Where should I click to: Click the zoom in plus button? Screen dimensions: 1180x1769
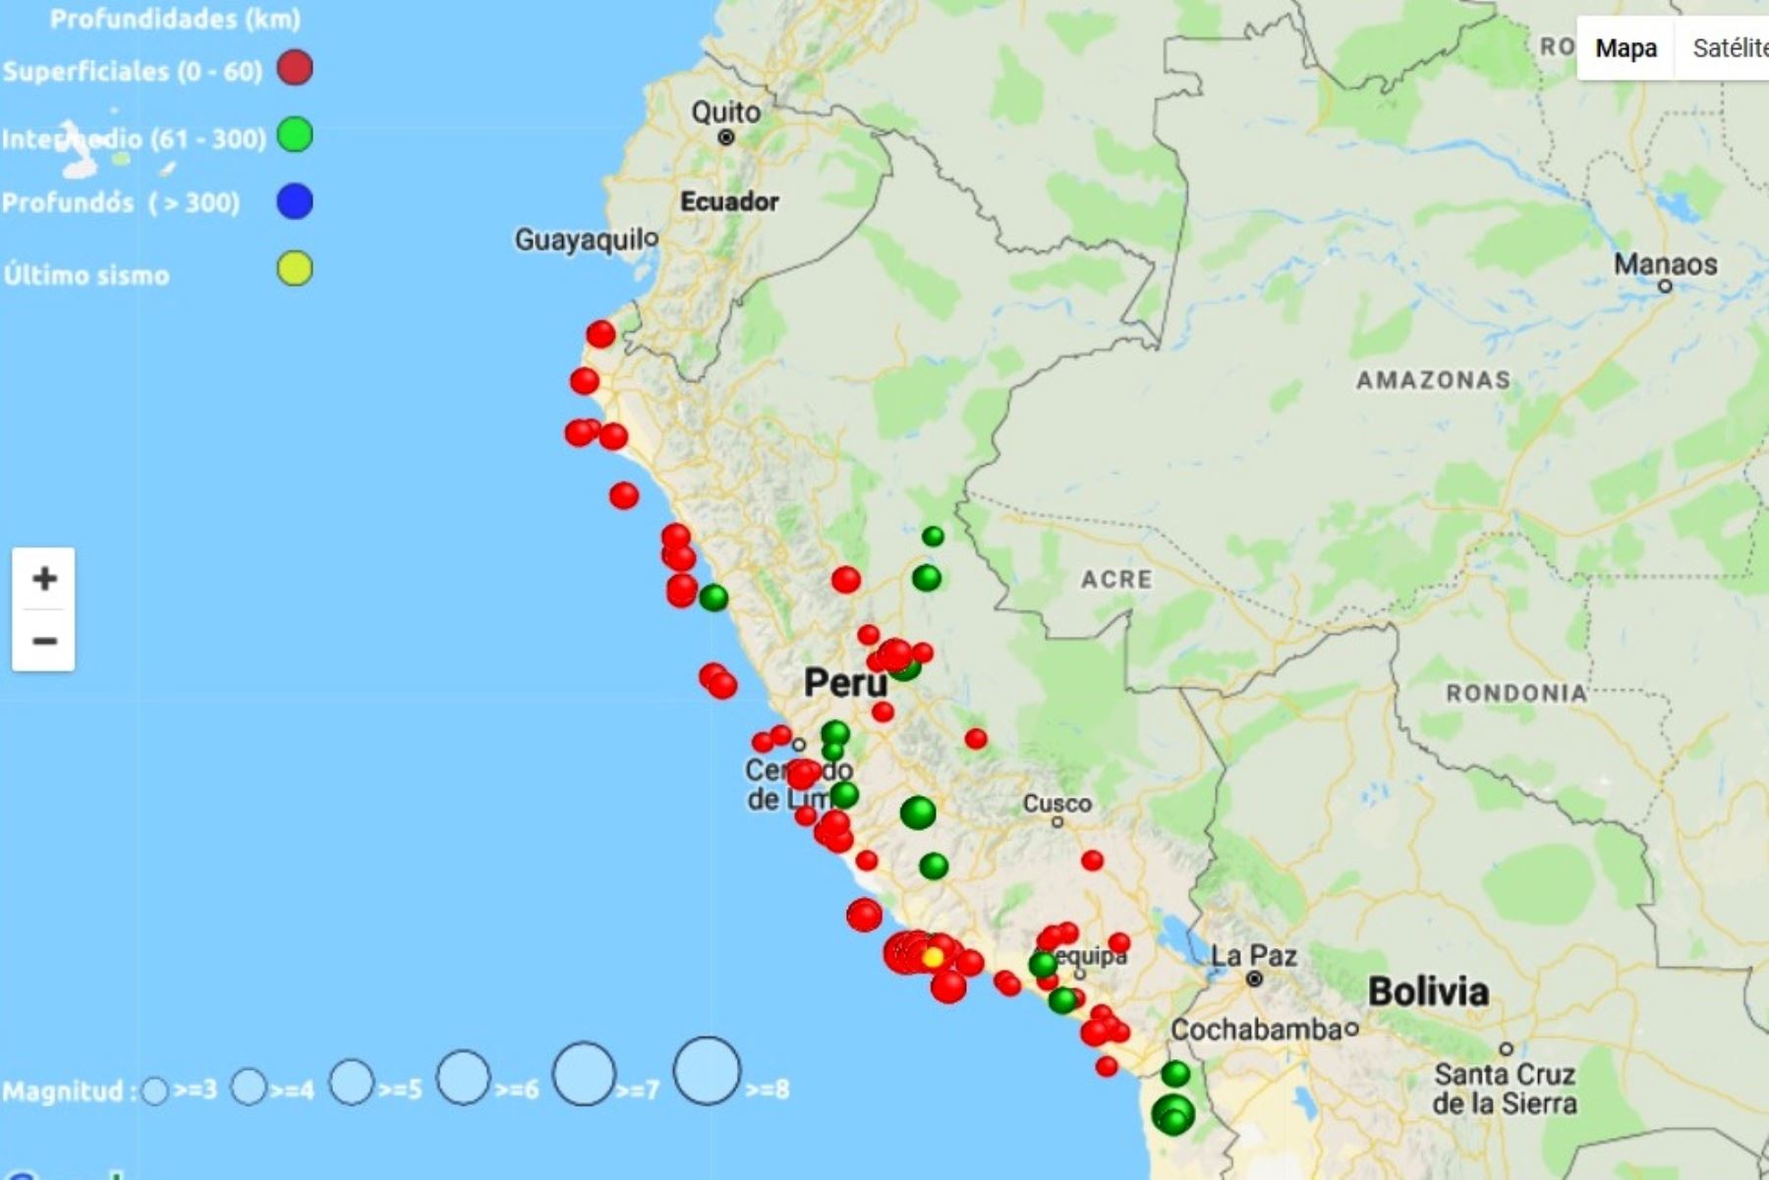click(43, 578)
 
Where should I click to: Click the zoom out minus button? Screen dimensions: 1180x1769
click(43, 642)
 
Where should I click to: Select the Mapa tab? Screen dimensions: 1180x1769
click(1626, 48)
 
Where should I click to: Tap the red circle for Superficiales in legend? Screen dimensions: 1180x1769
click(295, 68)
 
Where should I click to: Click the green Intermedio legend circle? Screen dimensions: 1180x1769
click(295, 135)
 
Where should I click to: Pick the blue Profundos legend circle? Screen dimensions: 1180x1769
click(295, 201)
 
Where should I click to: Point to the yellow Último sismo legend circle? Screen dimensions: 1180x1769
click(295, 268)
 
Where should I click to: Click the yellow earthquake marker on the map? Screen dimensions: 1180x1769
click(933, 957)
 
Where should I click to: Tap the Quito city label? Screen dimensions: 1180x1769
click(725, 112)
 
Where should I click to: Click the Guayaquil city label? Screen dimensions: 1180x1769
click(585, 240)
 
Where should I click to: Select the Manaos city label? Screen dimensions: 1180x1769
click(1665, 264)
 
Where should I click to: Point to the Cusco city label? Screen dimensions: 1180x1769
click(1056, 804)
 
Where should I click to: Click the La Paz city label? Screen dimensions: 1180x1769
click(1253, 955)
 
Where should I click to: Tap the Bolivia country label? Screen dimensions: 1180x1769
click(1428, 991)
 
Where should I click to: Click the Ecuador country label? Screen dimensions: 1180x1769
click(728, 201)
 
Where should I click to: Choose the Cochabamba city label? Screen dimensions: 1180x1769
click(1256, 1030)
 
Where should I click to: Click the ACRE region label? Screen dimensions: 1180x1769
click(1116, 580)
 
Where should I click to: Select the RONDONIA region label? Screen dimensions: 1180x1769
click(1515, 694)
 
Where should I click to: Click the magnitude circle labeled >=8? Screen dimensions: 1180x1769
click(707, 1071)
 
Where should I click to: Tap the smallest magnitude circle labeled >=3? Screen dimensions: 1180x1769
click(154, 1091)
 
